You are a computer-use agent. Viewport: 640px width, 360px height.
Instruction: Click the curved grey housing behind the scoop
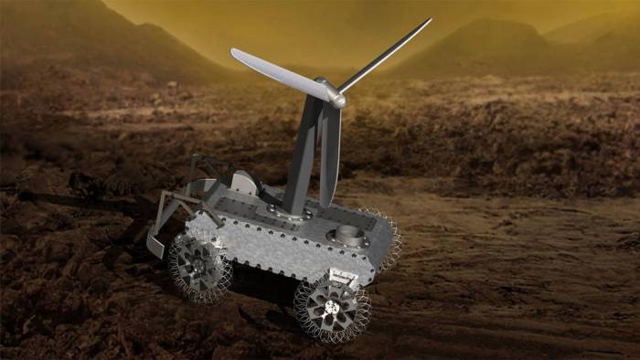(240, 182)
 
